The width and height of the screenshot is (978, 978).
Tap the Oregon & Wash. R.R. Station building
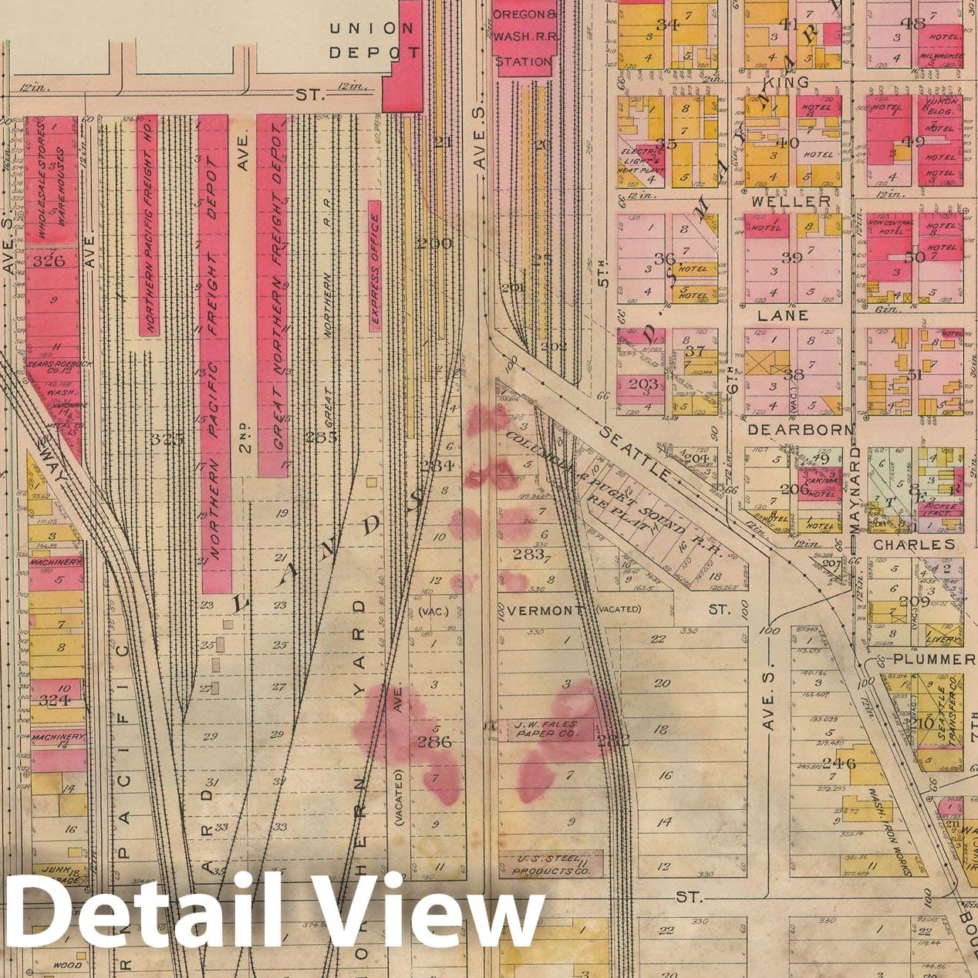524,39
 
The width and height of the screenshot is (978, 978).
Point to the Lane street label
783,315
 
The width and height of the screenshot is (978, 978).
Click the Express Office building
375,266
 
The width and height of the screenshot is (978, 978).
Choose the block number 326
49,261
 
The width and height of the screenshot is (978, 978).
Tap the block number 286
433,743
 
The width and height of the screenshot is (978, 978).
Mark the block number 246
839,764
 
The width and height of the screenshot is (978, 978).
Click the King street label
787,82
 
